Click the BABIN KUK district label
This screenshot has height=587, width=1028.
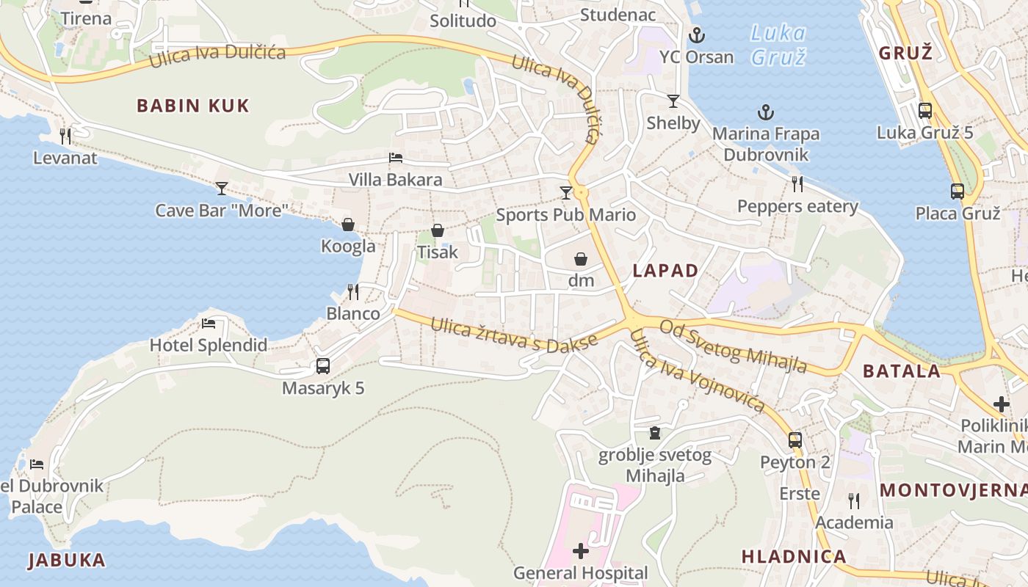point(193,106)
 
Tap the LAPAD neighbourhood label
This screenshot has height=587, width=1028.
point(665,271)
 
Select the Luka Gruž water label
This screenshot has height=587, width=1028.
point(778,45)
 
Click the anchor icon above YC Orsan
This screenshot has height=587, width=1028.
point(696,35)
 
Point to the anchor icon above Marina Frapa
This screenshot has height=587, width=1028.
point(766,112)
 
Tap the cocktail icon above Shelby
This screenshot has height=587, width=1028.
point(673,101)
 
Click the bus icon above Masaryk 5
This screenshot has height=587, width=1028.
point(322,365)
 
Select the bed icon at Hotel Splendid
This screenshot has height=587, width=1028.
point(209,323)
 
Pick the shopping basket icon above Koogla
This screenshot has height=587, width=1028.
point(348,225)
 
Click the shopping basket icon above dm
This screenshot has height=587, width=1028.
point(580,259)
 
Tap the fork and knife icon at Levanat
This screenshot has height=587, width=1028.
point(65,136)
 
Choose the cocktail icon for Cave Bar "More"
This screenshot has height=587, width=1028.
point(221,189)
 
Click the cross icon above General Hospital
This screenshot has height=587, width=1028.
point(581,550)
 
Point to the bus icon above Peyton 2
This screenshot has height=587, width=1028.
point(794,440)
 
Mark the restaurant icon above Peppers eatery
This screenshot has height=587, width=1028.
point(797,183)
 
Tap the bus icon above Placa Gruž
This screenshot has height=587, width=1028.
point(958,192)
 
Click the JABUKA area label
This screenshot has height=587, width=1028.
point(67,561)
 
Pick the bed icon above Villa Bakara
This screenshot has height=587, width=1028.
point(395,158)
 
